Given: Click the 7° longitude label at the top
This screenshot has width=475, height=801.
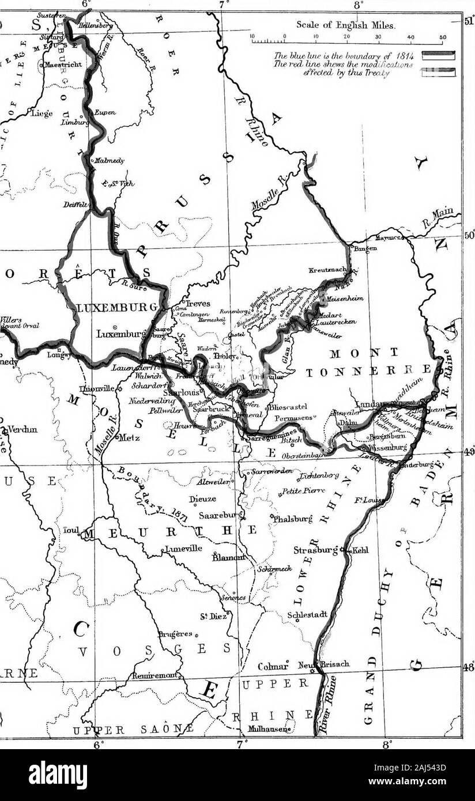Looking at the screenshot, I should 224,5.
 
